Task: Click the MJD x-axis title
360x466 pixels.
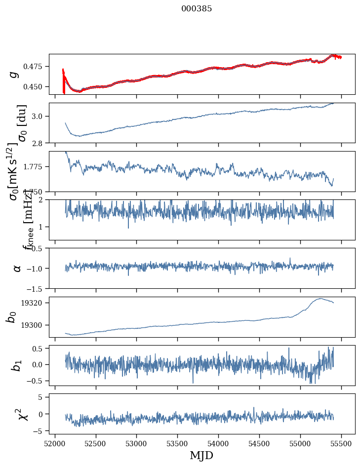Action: [201, 455]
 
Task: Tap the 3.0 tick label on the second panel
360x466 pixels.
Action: [40, 116]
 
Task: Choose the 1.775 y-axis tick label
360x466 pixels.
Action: [36, 167]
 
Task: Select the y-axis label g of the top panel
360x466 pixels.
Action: [15, 74]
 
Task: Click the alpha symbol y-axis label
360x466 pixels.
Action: [17, 268]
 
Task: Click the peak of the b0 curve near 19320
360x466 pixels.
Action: [321, 298]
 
